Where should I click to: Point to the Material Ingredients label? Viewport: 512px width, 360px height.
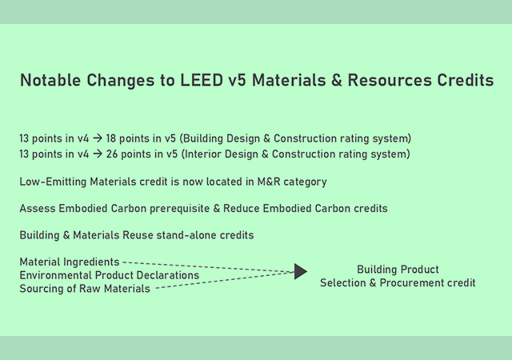[70, 262]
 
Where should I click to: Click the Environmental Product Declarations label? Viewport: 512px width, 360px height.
[110, 275]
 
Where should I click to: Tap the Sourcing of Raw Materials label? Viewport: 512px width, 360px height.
[85, 289]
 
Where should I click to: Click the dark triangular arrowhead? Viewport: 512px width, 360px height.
[301, 272]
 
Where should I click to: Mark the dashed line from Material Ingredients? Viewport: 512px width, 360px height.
[208, 266]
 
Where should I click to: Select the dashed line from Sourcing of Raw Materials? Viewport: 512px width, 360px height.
[224, 280]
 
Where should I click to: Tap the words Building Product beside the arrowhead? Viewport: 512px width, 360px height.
[398, 270]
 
